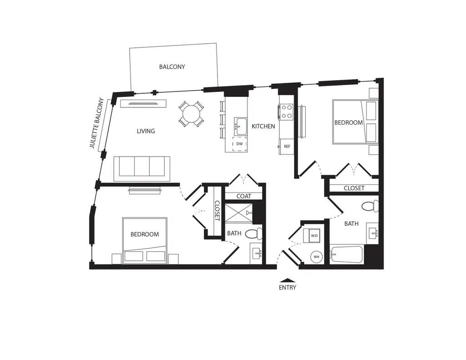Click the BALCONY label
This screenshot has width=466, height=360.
(172, 67)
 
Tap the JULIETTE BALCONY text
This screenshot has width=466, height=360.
(97, 123)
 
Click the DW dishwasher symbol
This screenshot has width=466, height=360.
(239, 144)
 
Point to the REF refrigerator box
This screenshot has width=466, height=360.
(287, 146)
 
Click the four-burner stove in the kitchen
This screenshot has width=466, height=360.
(286, 112)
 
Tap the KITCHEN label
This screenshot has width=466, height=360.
(263, 127)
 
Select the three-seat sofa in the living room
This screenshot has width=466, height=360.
(142, 168)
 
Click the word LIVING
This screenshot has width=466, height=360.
(146, 131)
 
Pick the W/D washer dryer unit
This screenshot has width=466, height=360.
(312, 236)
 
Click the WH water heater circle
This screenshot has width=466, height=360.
(316, 257)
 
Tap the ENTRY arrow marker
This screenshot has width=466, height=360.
(288, 280)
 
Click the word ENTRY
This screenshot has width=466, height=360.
(288, 288)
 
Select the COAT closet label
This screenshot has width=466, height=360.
(244, 196)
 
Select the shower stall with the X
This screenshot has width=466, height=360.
(238, 213)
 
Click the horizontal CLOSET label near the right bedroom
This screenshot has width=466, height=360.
(354, 188)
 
